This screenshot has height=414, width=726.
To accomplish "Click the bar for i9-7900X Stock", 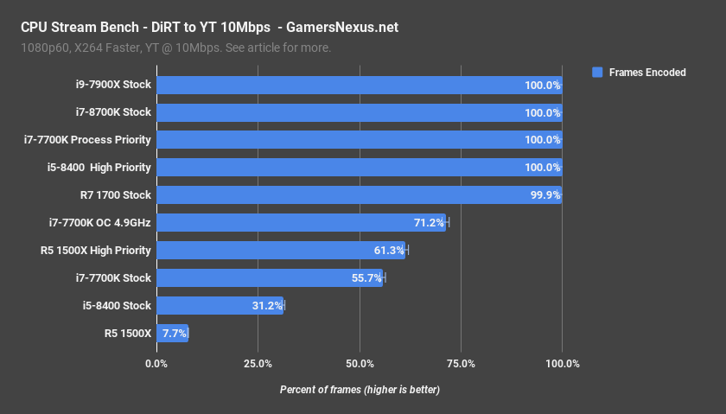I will click(x=359, y=85).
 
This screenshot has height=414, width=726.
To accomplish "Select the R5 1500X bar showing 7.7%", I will click(x=172, y=334).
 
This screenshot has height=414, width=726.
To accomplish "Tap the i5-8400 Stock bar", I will click(x=220, y=306).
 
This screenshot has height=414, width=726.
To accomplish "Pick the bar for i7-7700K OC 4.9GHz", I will click(x=301, y=223).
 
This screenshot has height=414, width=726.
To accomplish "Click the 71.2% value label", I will click(x=429, y=223).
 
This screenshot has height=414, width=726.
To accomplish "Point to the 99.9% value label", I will click(x=543, y=195).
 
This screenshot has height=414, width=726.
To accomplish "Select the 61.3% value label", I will click(x=389, y=251).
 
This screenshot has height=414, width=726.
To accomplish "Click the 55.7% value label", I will click(x=366, y=278).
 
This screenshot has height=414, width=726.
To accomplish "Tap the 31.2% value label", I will click(x=267, y=306).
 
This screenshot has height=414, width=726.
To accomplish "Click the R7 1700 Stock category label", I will click(x=112, y=195).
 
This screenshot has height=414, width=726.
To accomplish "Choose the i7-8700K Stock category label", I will click(x=112, y=112).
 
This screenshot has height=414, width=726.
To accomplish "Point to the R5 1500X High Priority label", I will click(x=96, y=251).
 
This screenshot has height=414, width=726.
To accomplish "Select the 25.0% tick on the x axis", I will click(x=258, y=363).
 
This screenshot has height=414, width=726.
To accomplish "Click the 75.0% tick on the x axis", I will click(x=461, y=363).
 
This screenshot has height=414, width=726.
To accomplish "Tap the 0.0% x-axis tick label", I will click(x=156, y=363).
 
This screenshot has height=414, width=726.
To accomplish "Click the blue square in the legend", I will click(x=596, y=73).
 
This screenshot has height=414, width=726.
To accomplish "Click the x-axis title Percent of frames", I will click(x=360, y=390).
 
